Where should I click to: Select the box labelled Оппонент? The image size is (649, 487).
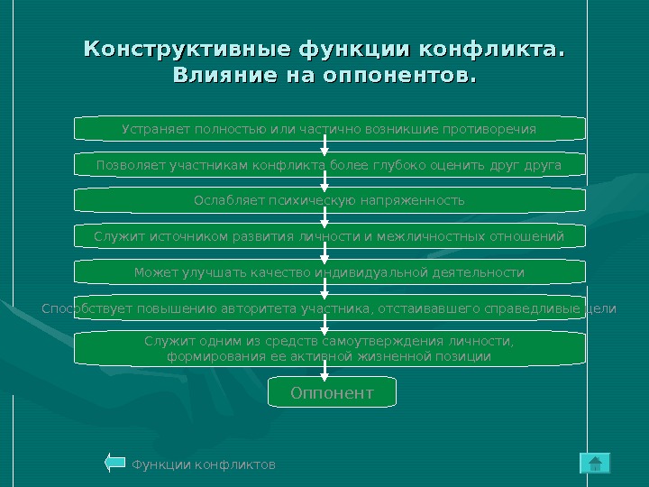332,393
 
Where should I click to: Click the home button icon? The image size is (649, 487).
595,464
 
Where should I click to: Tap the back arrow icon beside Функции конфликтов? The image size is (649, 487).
114,464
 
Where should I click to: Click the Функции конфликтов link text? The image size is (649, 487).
204,464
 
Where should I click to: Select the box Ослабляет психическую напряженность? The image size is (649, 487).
329,200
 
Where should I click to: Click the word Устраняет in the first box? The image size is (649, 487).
155,130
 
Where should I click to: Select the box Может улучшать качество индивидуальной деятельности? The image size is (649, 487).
329,272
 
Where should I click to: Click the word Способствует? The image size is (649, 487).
85,308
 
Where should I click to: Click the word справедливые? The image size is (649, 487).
535,308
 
